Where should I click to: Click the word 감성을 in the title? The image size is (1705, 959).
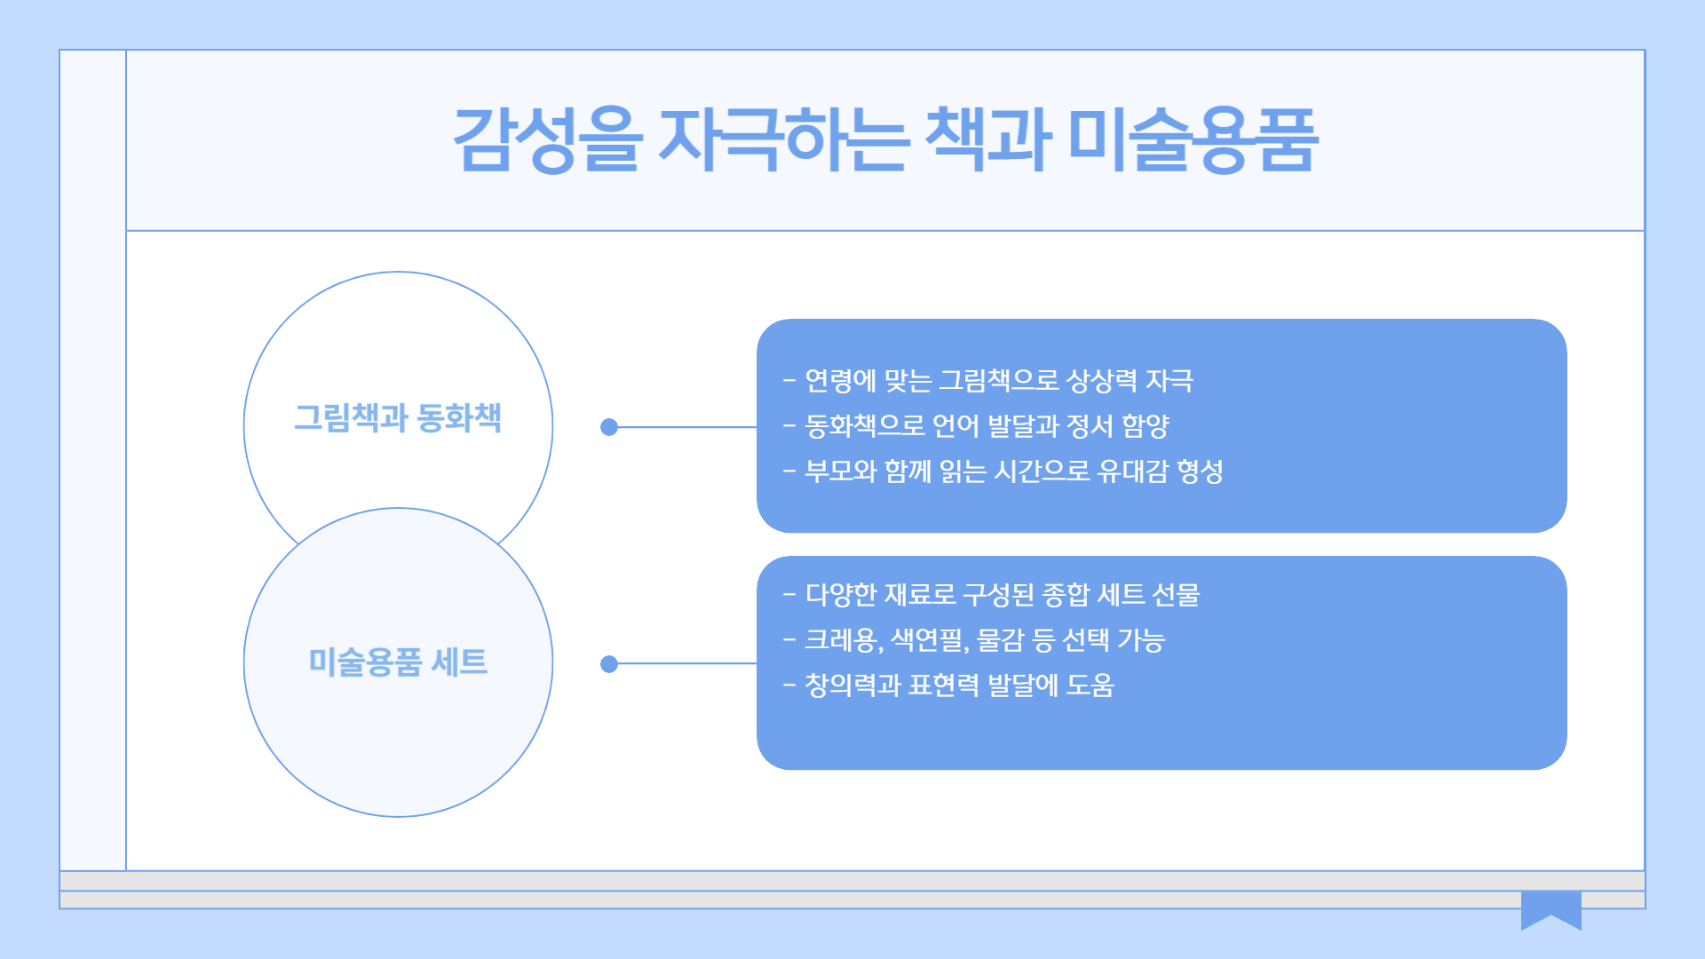546,139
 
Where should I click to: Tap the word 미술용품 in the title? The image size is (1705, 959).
1193,139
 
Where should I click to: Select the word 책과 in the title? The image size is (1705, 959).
987,139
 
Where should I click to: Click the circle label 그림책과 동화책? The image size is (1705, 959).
398,417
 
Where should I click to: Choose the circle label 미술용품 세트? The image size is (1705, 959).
398,662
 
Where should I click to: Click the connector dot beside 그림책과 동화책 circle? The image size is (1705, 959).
609,427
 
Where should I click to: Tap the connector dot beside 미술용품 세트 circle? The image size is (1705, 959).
609,664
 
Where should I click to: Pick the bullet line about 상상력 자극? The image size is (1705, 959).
988,381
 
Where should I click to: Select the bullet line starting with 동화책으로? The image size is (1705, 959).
976,426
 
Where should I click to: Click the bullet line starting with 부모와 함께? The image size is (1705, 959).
1003,472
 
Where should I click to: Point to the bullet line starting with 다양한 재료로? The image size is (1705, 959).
991,594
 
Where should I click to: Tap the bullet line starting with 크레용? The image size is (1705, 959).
974,639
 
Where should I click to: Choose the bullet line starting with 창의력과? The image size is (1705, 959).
948,685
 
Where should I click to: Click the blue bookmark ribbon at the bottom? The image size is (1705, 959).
1550,908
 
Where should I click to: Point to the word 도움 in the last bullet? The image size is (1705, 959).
1090,685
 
